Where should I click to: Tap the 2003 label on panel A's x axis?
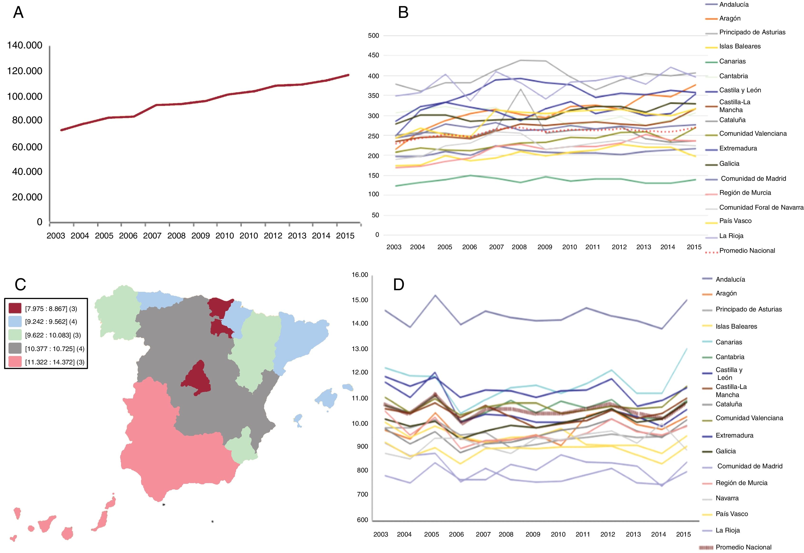[56, 236]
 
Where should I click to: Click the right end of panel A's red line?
[348, 75]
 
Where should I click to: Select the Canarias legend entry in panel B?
[732, 61]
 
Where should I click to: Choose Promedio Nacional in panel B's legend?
[747, 251]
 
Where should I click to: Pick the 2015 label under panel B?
[694, 247]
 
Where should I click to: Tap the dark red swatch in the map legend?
[15, 308]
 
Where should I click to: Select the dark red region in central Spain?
[197, 379]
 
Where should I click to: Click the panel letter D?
[399, 285]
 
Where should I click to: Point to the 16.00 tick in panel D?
[360, 275]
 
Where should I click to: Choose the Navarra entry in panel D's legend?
[727, 498]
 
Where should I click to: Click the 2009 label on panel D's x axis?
[533, 534]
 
